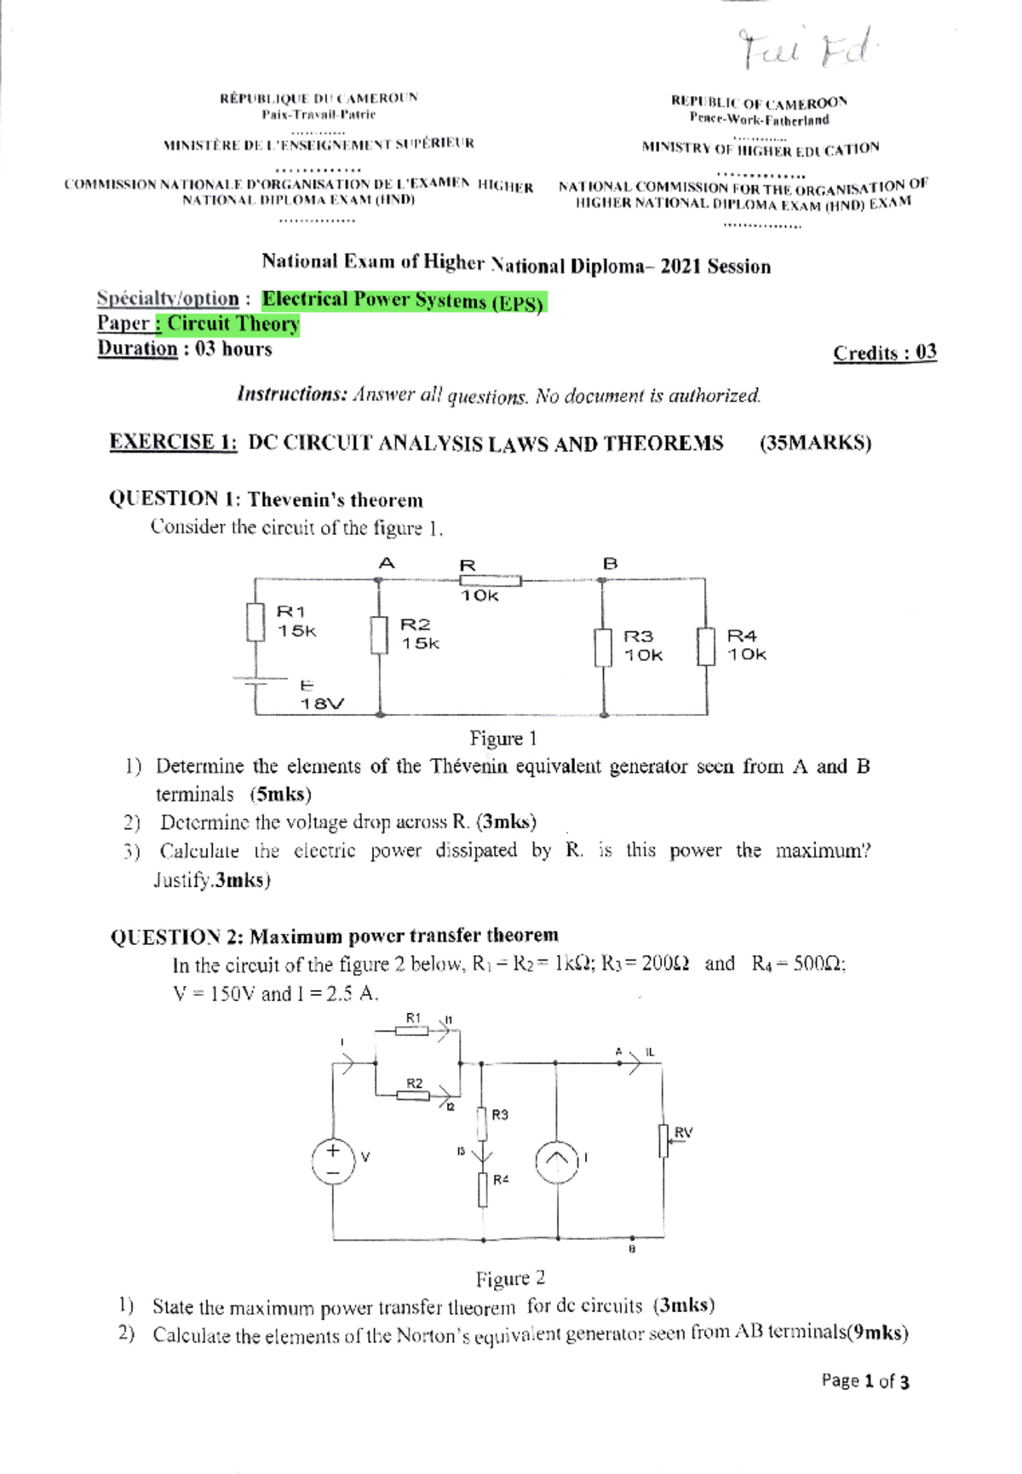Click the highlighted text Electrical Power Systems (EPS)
(x=403, y=301)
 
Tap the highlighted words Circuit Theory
(x=233, y=325)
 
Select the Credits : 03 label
(x=885, y=353)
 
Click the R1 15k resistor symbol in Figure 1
(x=255, y=622)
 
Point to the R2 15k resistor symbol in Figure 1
(x=380, y=635)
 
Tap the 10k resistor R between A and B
(x=491, y=581)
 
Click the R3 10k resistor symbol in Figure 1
(x=603, y=648)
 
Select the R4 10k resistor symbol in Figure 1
(x=706, y=647)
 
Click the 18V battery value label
(x=322, y=704)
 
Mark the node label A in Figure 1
(x=387, y=563)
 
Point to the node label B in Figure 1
(x=610, y=564)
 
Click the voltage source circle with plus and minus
(x=333, y=1160)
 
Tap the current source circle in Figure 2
(x=556, y=1161)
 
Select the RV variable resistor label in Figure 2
(x=683, y=1132)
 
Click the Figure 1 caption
(x=503, y=738)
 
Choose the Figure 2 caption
(x=510, y=1278)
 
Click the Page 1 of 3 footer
(x=864, y=1380)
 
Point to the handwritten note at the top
(x=805, y=49)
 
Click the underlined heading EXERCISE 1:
(x=173, y=441)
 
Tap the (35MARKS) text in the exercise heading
(x=815, y=443)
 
